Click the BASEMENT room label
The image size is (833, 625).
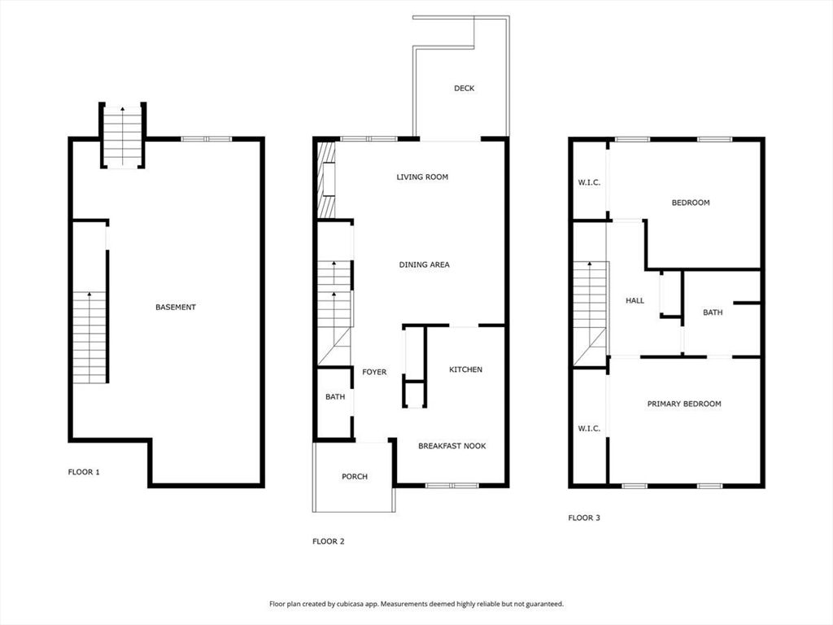tap(176, 307)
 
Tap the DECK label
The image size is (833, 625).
tap(464, 88)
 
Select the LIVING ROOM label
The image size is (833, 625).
tap(422, 177)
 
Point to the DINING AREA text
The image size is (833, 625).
tap(424, 264)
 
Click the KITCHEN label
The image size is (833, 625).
tap(465, 369)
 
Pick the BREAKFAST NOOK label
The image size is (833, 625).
tap(451, 446)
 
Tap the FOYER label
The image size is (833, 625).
tap(374, 372)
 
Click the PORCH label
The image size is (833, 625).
tap(354, 476)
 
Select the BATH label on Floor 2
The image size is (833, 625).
tap(335, 397)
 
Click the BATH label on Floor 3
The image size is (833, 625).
tap(713, 312)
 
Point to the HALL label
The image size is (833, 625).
tap(635, 300)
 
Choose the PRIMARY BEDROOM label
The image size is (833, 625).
tap(683, 404)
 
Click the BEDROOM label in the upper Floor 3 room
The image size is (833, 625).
tap(690, 203)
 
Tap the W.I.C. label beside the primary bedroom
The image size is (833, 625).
tap(589, 428)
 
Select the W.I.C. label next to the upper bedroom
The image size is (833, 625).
tap(589, 182)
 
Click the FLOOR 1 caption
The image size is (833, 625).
tap(84, 471)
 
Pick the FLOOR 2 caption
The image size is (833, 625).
tap(329, 541)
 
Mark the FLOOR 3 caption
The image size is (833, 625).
tap(583, 518)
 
